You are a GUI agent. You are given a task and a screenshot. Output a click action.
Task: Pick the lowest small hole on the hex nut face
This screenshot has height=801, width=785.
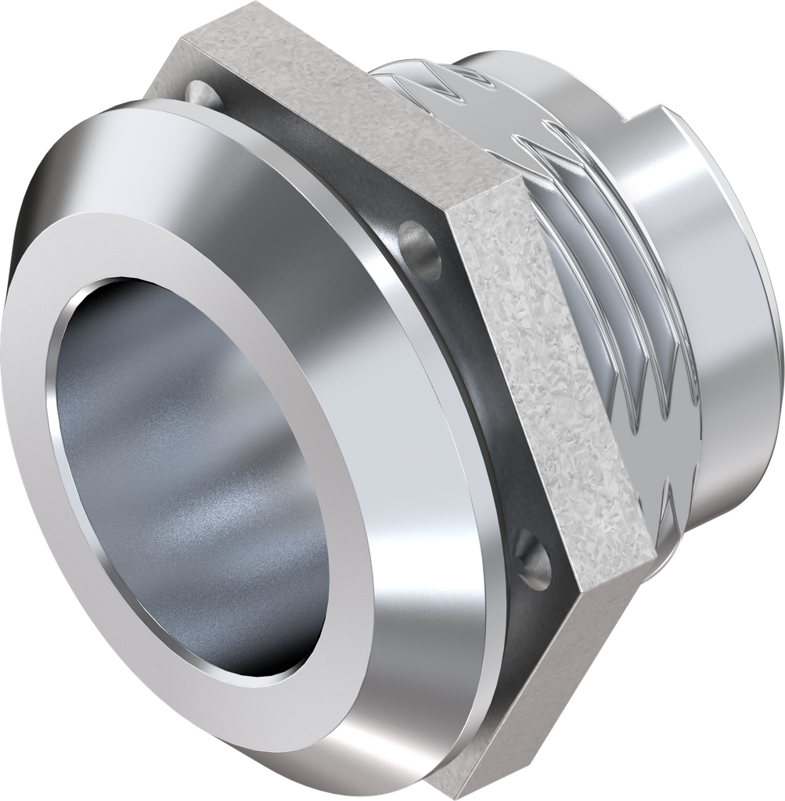pos(532,557)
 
